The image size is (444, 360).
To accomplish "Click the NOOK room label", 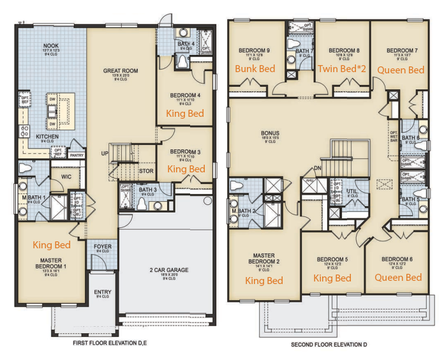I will pos(50,46).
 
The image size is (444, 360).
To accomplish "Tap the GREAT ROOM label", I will pos(121,71).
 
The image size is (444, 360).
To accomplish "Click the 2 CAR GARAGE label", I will pos(168,270).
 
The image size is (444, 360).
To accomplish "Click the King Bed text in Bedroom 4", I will pos(185,113).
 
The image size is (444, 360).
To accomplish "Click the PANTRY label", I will pos(78,155).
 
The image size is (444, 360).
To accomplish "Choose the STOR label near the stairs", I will pos(146,170).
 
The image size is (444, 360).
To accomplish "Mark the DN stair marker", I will pos(317,169).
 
